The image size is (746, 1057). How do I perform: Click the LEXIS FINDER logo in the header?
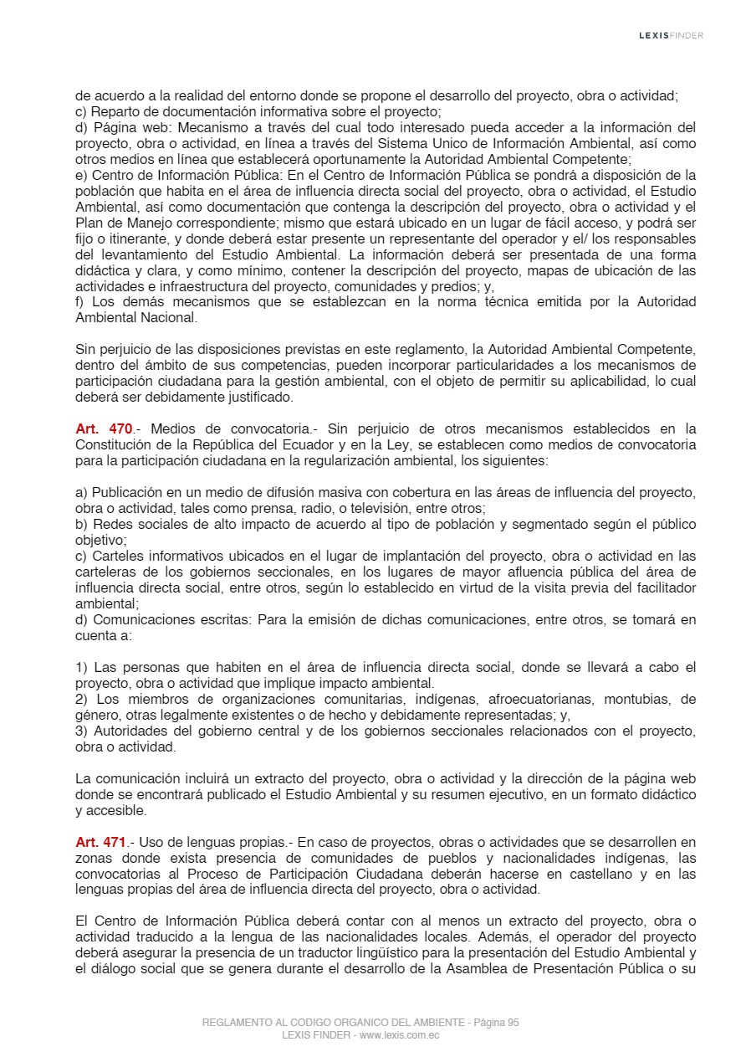pos(671,35)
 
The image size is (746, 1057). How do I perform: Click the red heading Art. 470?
pos(104,429)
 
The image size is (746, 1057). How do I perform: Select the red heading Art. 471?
pos(100,842)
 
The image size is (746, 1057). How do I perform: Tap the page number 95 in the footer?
pos(513,1023)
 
